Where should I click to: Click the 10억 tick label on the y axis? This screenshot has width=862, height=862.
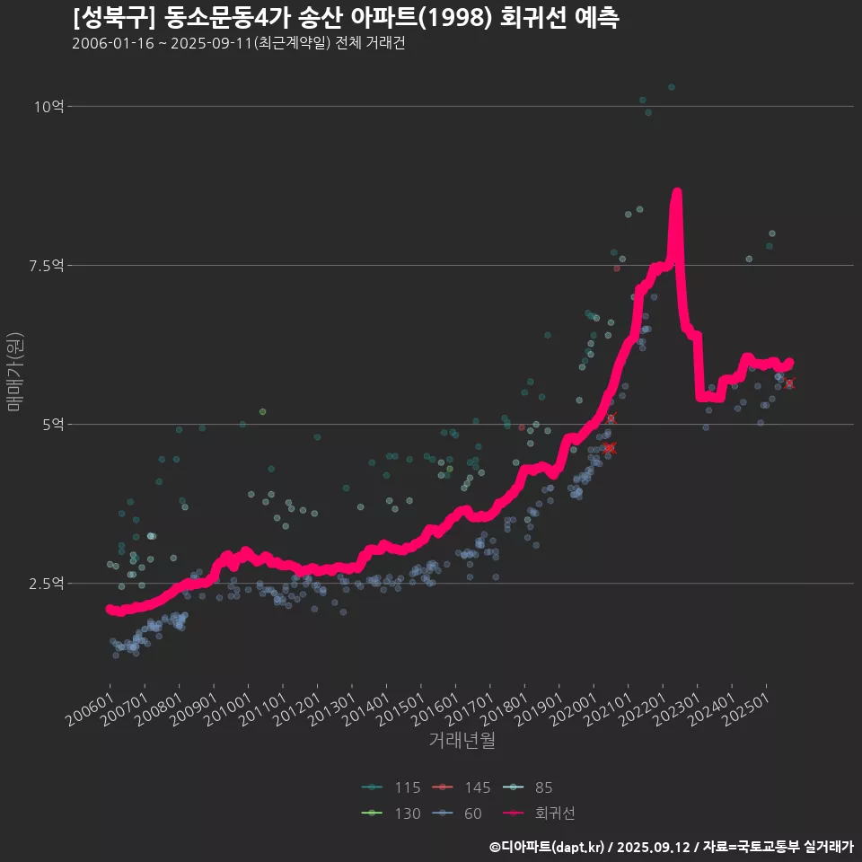click(48, 107)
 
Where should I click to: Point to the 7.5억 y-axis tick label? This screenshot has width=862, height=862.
click(47, 266)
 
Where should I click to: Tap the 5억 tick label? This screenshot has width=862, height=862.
click(52, 425)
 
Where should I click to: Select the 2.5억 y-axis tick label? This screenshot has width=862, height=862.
click(47, 584)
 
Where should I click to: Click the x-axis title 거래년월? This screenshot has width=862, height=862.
click(462, 741)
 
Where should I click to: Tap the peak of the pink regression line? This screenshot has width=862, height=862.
click(677, 192)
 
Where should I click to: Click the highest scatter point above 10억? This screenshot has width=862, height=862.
click(671, 87)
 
